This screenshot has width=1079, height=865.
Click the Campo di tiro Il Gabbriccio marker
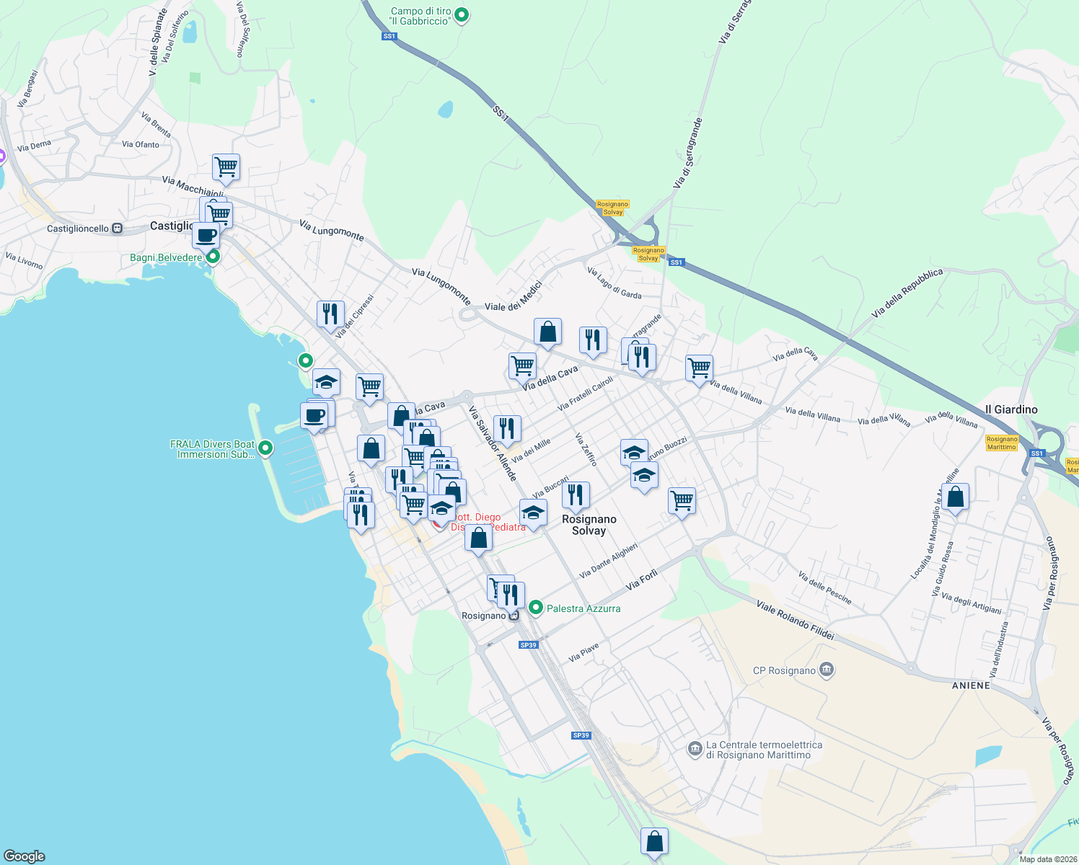coord(462,14)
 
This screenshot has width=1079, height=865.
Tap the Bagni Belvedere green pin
coord(212,257)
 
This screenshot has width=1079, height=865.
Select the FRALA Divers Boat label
coord(212,449)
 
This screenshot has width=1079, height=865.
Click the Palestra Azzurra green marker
coord(535,608)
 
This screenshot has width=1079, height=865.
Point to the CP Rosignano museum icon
coord(827,670)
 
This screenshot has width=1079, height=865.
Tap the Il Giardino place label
coord(1011,409)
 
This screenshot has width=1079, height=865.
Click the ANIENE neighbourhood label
coord(971,686)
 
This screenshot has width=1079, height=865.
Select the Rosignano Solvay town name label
coord(589,525)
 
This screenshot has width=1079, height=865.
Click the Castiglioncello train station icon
coord(117,229)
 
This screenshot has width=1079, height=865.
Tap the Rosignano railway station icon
coord(514,616)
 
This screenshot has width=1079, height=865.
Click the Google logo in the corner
coord(25,856)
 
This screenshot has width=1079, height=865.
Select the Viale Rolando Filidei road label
coord(795,620)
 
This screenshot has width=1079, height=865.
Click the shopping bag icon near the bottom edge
coord(654,840)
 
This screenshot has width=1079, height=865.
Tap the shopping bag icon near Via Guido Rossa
coord(955,497)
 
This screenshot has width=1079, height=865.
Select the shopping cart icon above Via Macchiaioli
coord(226,167)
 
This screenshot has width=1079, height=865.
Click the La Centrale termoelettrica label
coord(763,750)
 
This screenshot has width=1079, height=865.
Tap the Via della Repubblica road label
coord(907,293)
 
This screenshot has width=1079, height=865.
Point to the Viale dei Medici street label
coord(512,296)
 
